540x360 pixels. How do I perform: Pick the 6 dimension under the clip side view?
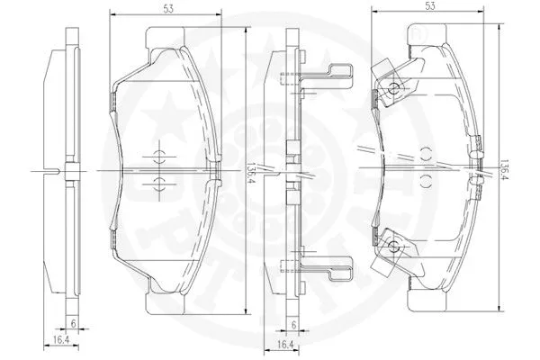click(294, 326)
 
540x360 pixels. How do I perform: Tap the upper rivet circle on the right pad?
click(394, 88)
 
